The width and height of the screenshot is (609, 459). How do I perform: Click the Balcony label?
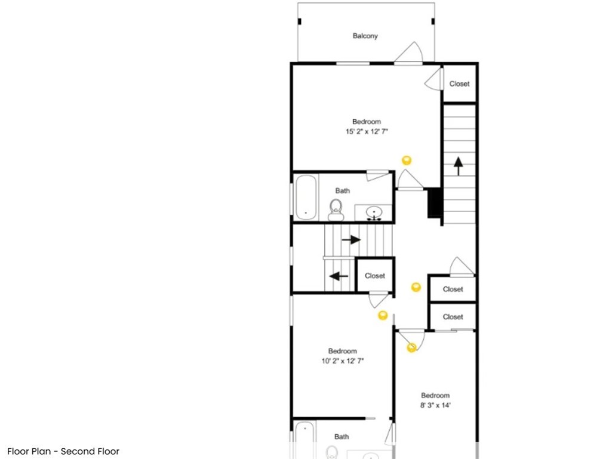(365, 36)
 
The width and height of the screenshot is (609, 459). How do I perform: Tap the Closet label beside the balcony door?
(460, 84)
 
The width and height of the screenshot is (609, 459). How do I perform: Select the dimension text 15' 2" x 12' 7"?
(367, 131)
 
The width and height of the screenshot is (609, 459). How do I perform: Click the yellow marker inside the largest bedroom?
(406, 161)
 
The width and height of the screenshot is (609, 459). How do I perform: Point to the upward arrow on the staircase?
(459, 166)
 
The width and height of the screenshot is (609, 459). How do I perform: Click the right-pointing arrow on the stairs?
(352, 239)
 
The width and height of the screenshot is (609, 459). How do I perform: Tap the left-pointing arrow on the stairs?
(339, 276)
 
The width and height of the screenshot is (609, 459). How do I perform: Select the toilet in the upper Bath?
(336, 210)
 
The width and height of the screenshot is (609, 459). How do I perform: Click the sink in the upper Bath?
(374, 213)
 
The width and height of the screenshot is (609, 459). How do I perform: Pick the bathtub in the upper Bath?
(306, 198)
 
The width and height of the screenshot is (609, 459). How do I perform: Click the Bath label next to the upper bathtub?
(343, 190)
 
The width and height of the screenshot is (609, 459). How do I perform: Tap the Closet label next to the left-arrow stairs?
(375, 276)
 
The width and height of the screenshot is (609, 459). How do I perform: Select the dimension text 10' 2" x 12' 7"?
(343, 361)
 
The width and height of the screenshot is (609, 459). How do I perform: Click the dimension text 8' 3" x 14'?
(435, 405)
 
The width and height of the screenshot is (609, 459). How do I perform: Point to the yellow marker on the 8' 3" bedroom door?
(412, 347)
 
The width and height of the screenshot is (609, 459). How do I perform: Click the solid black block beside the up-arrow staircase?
(435, 202)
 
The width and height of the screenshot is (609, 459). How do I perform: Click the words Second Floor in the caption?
(90, 451)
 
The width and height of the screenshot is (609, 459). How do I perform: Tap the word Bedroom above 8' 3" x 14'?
(435, 395)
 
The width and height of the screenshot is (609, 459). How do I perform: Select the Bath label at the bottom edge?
(342, 436)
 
